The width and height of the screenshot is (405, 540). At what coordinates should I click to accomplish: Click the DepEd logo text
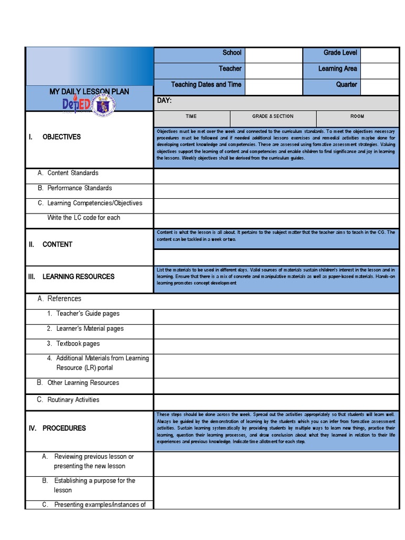pos(75,104)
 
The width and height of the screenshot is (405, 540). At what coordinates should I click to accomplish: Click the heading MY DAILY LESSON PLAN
pos(89,92)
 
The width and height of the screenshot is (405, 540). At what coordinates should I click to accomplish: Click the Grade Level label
pos(340,53)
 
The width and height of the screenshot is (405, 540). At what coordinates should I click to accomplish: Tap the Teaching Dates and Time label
pos(206,84)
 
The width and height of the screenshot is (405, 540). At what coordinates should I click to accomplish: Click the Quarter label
pos(346,84)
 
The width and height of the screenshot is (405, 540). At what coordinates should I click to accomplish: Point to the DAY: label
pos(165,101)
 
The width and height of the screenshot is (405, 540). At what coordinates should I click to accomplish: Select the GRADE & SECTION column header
pos(273,116)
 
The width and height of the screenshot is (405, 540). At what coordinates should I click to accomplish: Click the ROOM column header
pos(357,116)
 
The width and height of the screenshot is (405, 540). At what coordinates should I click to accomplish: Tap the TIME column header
pos(191,116)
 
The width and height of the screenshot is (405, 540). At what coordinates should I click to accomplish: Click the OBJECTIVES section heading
pos(61,137)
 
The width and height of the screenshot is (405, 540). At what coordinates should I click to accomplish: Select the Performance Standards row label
pos(79,188)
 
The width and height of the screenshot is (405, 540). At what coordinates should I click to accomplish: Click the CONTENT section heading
pos(57,245)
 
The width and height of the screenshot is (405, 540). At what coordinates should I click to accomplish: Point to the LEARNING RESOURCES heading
pos(78,276)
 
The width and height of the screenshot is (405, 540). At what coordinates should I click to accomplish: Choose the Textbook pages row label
pos(78,343)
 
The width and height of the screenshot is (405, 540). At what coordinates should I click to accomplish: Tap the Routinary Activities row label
pos(73,400)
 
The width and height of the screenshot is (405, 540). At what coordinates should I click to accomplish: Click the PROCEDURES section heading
pos(64,428)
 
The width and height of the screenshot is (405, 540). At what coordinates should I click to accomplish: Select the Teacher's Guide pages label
pos(88,314)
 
